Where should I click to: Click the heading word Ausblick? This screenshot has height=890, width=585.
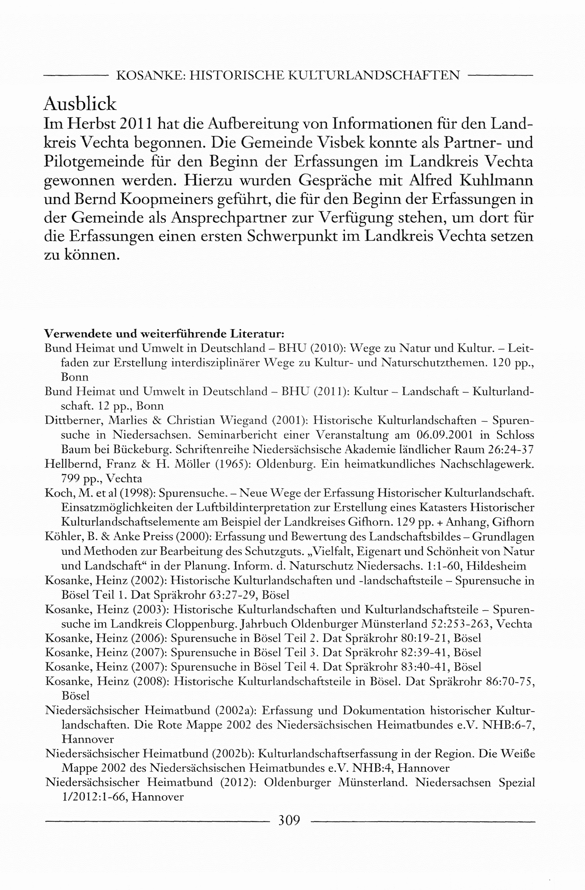(80, 104)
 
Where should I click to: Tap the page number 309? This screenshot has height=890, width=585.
(289, 820)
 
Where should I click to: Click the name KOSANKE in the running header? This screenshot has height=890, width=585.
(149, 76)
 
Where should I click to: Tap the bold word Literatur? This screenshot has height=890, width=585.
(257, 333)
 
